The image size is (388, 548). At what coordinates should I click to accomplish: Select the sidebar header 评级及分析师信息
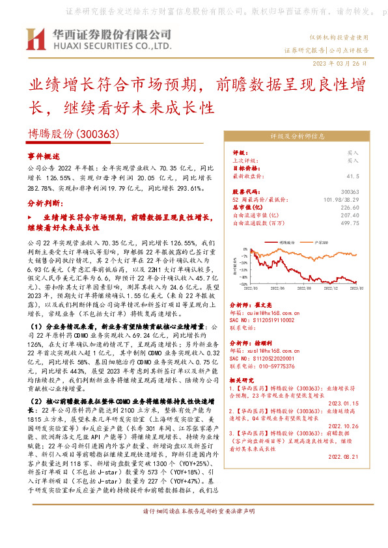(x=297, y=137)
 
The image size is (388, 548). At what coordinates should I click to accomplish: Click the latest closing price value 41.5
(x=352, y=176)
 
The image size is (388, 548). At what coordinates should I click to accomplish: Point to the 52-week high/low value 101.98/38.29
(x=342, y=199)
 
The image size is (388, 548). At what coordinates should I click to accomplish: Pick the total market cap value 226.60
(x=350, y=207)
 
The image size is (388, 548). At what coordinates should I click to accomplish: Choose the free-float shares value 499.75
(x=350, y=223)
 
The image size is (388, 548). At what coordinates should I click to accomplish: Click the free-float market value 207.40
(x=350, y=215)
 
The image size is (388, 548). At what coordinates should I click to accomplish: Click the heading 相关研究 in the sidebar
(x=243, y=379)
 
